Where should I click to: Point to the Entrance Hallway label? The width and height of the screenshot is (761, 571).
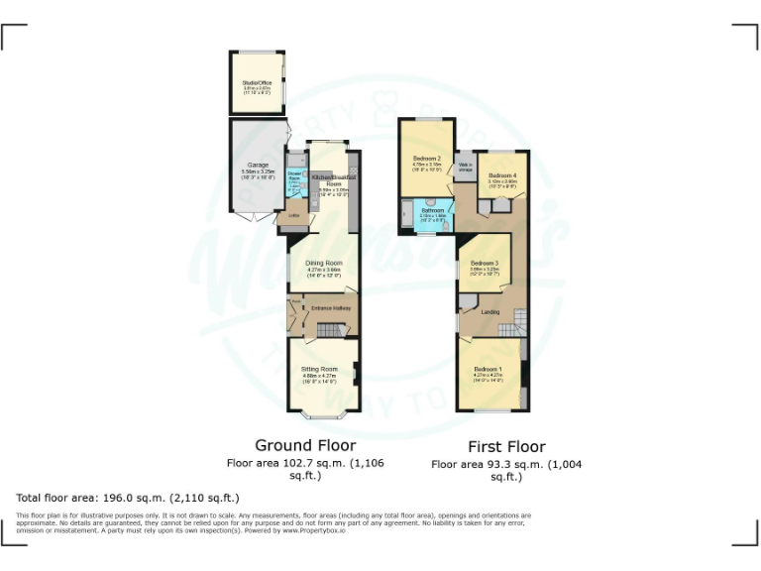[x=331, y=308]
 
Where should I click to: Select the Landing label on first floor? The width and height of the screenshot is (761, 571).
[x=489, y=312]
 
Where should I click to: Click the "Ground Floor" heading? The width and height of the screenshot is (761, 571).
[x=305, y=445]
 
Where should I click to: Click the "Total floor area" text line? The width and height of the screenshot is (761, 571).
[x=128, y=497]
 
